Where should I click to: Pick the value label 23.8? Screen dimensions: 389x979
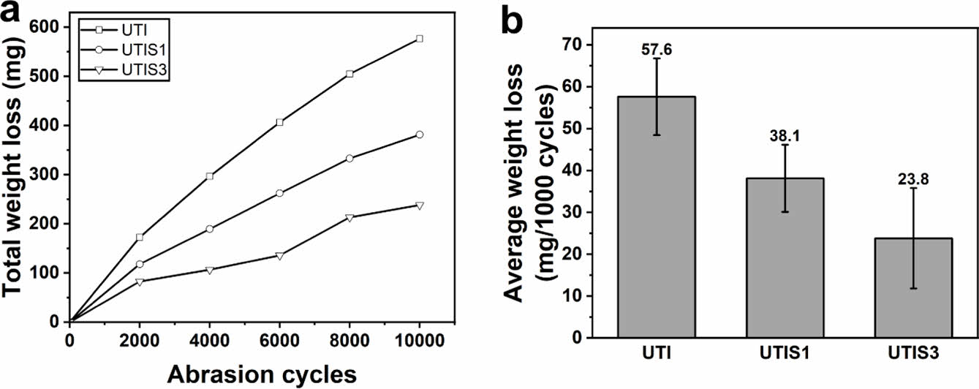coord(913,178)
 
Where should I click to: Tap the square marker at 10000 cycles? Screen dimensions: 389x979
coord(420,38)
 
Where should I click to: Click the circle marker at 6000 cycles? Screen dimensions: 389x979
coord(279,193)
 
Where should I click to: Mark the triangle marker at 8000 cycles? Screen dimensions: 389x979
coord(349,217)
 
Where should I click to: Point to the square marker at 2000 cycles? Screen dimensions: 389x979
coord(139,237)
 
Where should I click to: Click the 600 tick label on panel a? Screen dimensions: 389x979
coord(46,26)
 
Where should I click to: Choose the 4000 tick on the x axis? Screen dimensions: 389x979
coord(209,340)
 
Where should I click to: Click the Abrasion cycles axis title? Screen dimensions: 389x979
coord(262,374)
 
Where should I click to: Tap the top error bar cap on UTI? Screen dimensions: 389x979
coord(657,58)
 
